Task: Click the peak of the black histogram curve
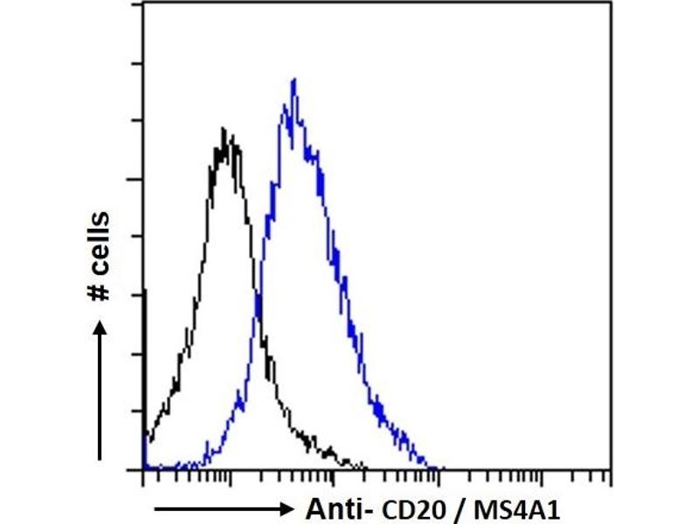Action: (x=226, y=130)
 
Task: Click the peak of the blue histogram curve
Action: (x=294, y=79)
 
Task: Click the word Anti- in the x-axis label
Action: (x=333, y=507)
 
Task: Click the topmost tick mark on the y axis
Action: (x=137, y=7)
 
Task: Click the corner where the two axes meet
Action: (x=142, y=469)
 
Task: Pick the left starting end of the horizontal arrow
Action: (x=157, y=507)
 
